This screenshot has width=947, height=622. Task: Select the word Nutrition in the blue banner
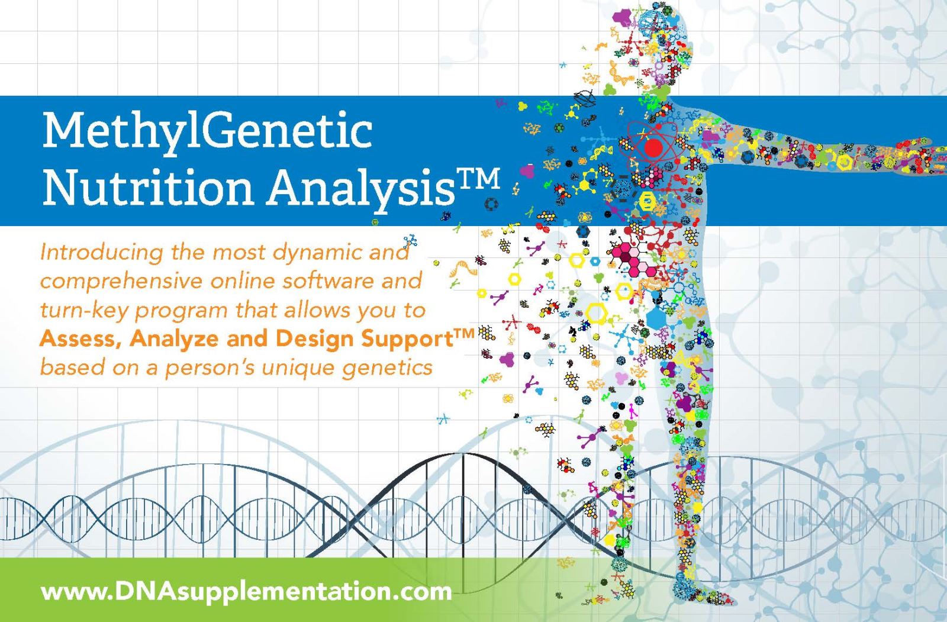tap(148, 186)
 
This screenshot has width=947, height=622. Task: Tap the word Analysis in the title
tap(362, 188)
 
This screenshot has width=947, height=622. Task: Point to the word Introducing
tap(101, 253)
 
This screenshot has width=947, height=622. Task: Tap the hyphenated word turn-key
tap(84, 311)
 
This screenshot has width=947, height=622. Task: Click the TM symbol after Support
tap(465, 333)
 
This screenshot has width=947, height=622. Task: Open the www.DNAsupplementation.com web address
tap(246, 592)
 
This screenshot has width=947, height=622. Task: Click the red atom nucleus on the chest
tap(653, 147)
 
